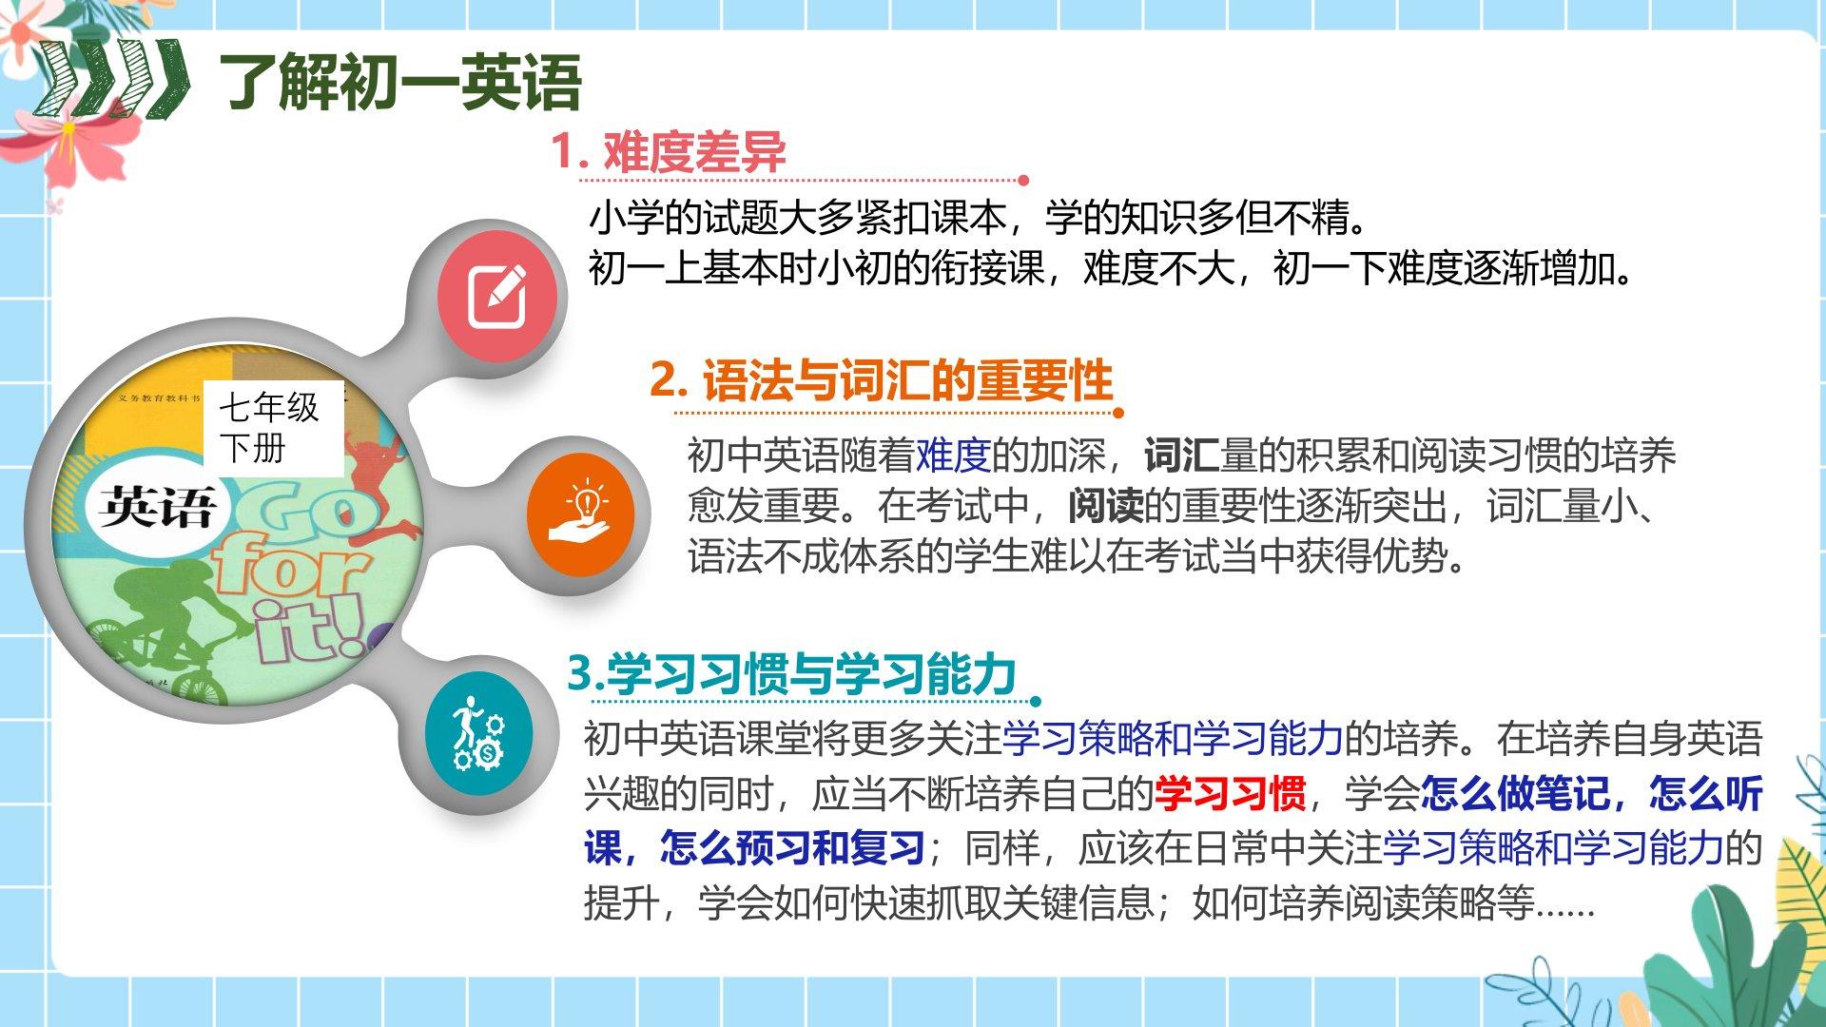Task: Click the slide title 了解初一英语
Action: [399, 83]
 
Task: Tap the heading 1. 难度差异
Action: [669, 151]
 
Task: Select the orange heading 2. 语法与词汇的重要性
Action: [881, 380]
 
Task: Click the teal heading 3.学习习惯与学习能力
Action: [792, 673]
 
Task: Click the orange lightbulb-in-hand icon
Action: [579, 514]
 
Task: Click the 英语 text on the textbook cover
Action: [157, 507]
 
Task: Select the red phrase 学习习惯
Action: [1230, 793]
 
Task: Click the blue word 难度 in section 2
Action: [953, 455]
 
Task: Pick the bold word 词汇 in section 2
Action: [1181, 455]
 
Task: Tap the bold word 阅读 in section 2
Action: [1105, 506]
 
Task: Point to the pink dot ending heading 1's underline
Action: [1023, 180]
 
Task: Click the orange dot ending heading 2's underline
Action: [1118, 413]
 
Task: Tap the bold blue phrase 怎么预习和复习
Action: [792, 847]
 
